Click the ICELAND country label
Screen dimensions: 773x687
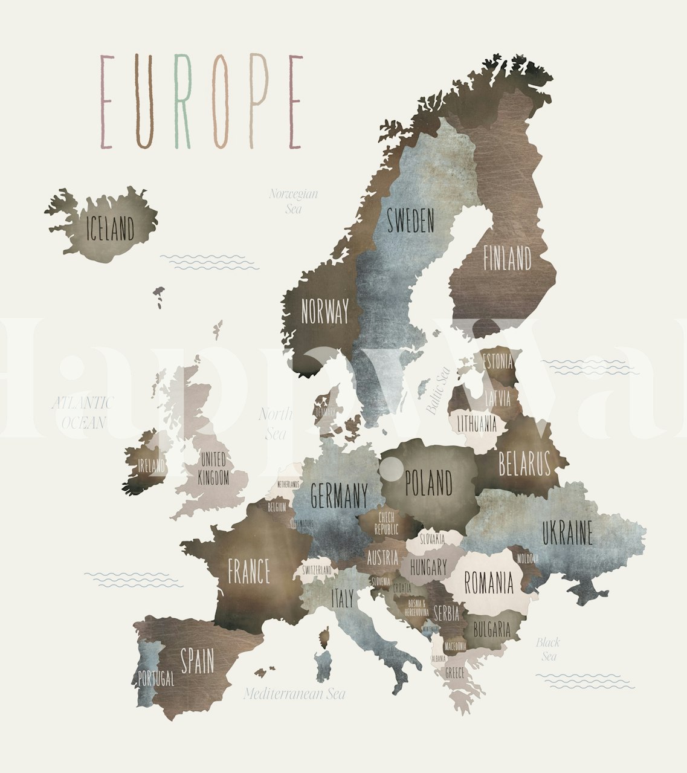click(x=111, y=229)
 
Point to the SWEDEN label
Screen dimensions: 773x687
click(x=411, y=221)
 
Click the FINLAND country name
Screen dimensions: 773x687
click(x=507, y=258)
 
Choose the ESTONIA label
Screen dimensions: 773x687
click(x=498, y=362)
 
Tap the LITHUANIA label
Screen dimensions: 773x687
click(x=477, y=422)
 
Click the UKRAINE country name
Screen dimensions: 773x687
click(x=567, y=532)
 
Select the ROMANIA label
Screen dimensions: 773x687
click(x=489, y=583)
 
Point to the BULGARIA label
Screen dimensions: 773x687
click(x=492, y=630)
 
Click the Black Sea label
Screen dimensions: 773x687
click(x=548, y=649)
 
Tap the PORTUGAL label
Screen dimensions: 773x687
click(x=156, y=679)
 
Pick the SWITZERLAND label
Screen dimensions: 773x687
click(x=317, y=570)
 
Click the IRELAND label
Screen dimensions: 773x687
click(x=151, y=466)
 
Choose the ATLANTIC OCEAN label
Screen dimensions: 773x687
click(x=83, y=412)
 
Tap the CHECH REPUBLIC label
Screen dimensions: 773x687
click(x=386, y=523)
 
